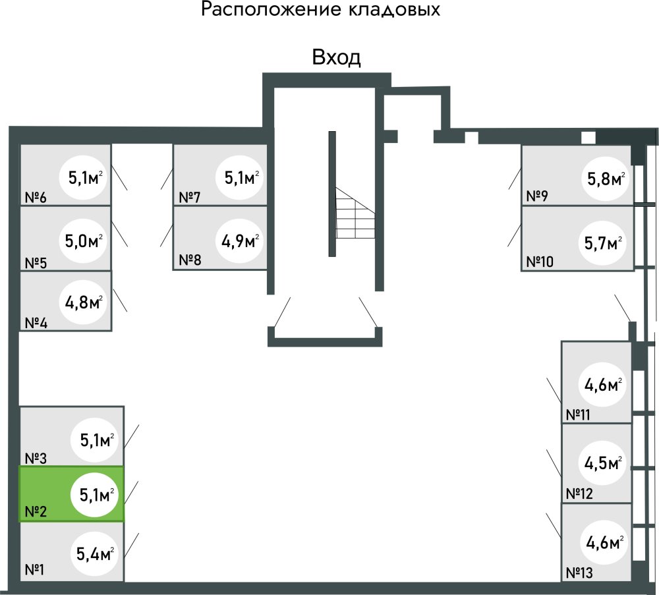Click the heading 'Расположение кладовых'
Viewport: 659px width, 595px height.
[320, 11]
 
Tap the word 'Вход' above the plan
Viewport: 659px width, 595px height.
[336, 58]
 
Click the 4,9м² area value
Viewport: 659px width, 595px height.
[240, 241]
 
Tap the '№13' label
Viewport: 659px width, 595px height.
[579, 573]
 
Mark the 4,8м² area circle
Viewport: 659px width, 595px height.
[83, 304]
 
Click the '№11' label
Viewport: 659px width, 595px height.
[579, 415]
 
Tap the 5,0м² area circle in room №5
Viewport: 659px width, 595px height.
[83, 241]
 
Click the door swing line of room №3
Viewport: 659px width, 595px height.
[132, 436]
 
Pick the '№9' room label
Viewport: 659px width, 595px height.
[538, 196]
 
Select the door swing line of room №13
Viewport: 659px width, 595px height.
[554, 525]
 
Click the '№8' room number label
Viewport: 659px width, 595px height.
[190, 259]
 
